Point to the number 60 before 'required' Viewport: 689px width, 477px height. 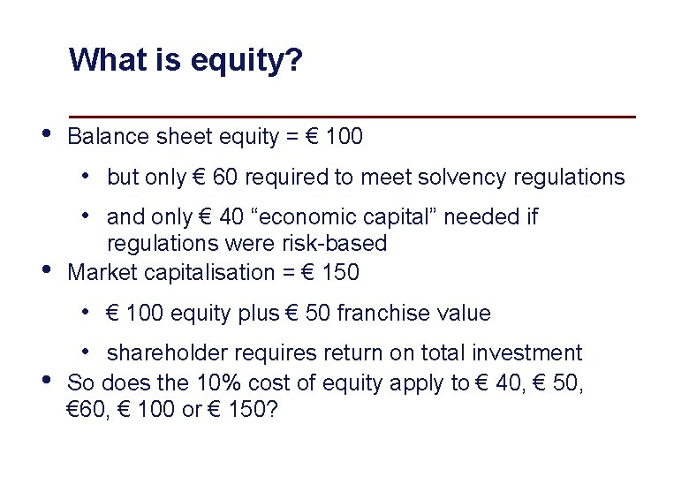226,178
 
